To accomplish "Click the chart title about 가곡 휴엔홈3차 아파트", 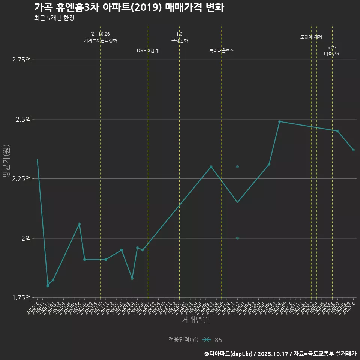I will (x=129, y=7).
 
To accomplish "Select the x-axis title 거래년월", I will (x=195, y=319).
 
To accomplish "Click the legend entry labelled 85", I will (x=218, y=340).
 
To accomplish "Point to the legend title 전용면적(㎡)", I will (x=183, y=340).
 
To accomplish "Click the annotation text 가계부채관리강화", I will (x=100, y=40).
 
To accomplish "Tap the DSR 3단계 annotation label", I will (x=148, y=51).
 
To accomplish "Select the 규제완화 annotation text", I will (x=179, y=40).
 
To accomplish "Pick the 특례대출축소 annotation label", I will (x=222, y=51).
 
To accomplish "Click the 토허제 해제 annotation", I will (x=311, y=37).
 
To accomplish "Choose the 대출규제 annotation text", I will (x=332, y=54).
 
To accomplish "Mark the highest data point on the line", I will (x=279, y=121).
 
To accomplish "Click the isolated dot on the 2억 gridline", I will (x=237, y=238).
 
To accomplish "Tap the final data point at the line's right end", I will (x=353, y=150).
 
